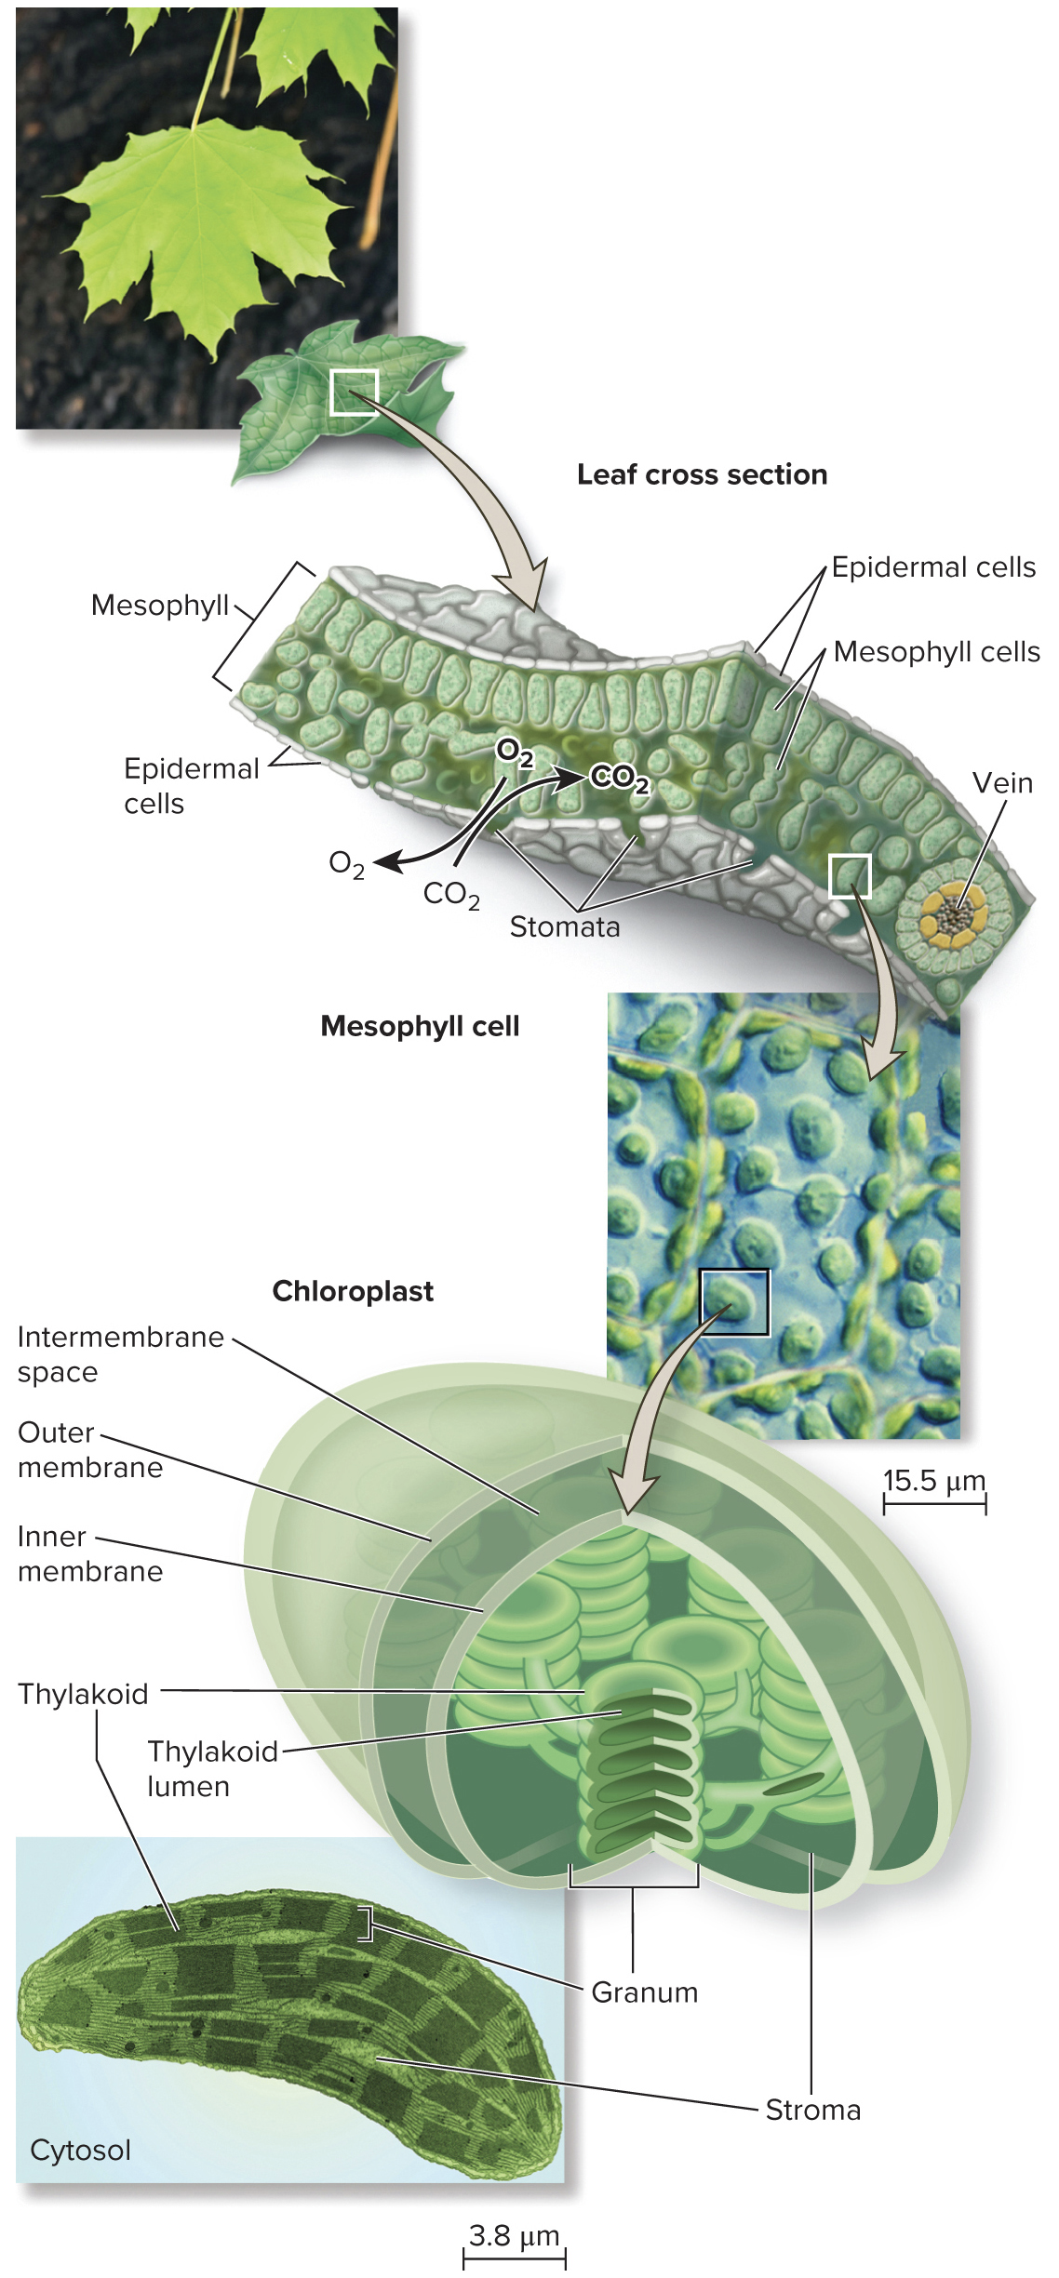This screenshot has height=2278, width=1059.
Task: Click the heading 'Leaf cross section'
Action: (702, 474)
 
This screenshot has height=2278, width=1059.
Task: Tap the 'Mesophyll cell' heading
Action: (420, 1026)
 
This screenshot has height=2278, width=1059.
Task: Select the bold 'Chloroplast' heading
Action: (353, 1291)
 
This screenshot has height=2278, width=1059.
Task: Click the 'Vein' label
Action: (1002, 783)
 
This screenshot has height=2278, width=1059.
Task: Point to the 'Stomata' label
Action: (564, 926)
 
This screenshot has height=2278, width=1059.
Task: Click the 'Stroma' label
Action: (812, 2110)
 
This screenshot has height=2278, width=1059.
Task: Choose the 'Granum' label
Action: (644, 1992)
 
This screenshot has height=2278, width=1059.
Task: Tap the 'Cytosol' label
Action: (80, 2151)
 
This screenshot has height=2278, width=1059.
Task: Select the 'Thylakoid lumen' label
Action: (212, 1768)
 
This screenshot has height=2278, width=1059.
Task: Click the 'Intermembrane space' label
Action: (120, 1353)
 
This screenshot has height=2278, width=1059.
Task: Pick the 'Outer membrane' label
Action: (89, 1449)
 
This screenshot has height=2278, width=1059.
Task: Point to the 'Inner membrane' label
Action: (89, 1553)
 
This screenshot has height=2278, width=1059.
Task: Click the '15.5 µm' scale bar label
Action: (933, 1480)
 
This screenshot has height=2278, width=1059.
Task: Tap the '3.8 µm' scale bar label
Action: (514, 2235)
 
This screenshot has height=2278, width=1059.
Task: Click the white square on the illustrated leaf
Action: (354, 392)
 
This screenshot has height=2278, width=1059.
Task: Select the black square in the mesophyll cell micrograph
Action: (734, 1302)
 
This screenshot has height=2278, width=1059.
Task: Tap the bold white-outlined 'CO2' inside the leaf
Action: (618, 778)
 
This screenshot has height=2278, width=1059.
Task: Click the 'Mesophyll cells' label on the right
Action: (936, 652)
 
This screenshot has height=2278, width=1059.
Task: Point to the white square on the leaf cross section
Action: (850, 875)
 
